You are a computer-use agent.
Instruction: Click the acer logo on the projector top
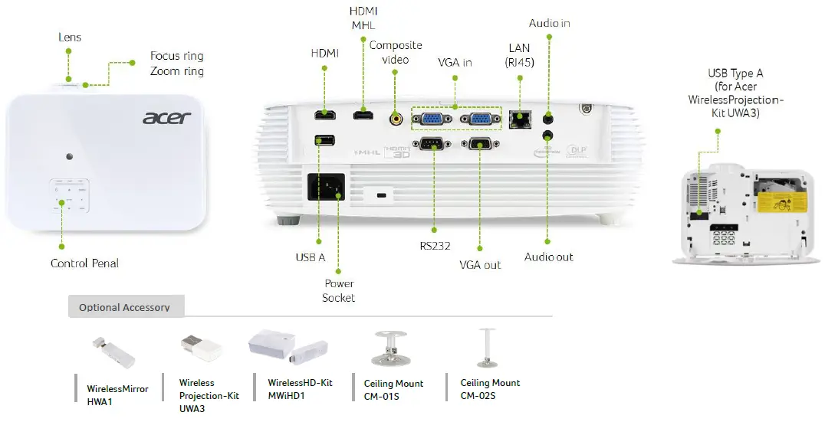tap(166, 118)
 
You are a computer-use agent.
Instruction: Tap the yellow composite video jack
tap(396, 118)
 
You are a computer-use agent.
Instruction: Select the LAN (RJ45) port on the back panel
tap(520, 119)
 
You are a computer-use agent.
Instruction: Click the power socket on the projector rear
tap(326, 186)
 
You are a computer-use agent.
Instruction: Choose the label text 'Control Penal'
tap(84, 263)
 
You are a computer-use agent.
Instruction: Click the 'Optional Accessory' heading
tap(124, 307)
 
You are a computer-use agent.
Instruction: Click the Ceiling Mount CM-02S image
tap(485, 348)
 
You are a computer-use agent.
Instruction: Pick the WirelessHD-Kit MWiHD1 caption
tap(300, 389)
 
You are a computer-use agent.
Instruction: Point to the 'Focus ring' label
tap(176, 56)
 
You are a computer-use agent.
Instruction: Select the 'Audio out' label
tap(548, 257)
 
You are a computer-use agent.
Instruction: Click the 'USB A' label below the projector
tap(311, 257)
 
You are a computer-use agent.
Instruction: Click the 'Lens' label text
tap(70, 37)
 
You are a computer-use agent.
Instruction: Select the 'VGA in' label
tap(455, 62)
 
